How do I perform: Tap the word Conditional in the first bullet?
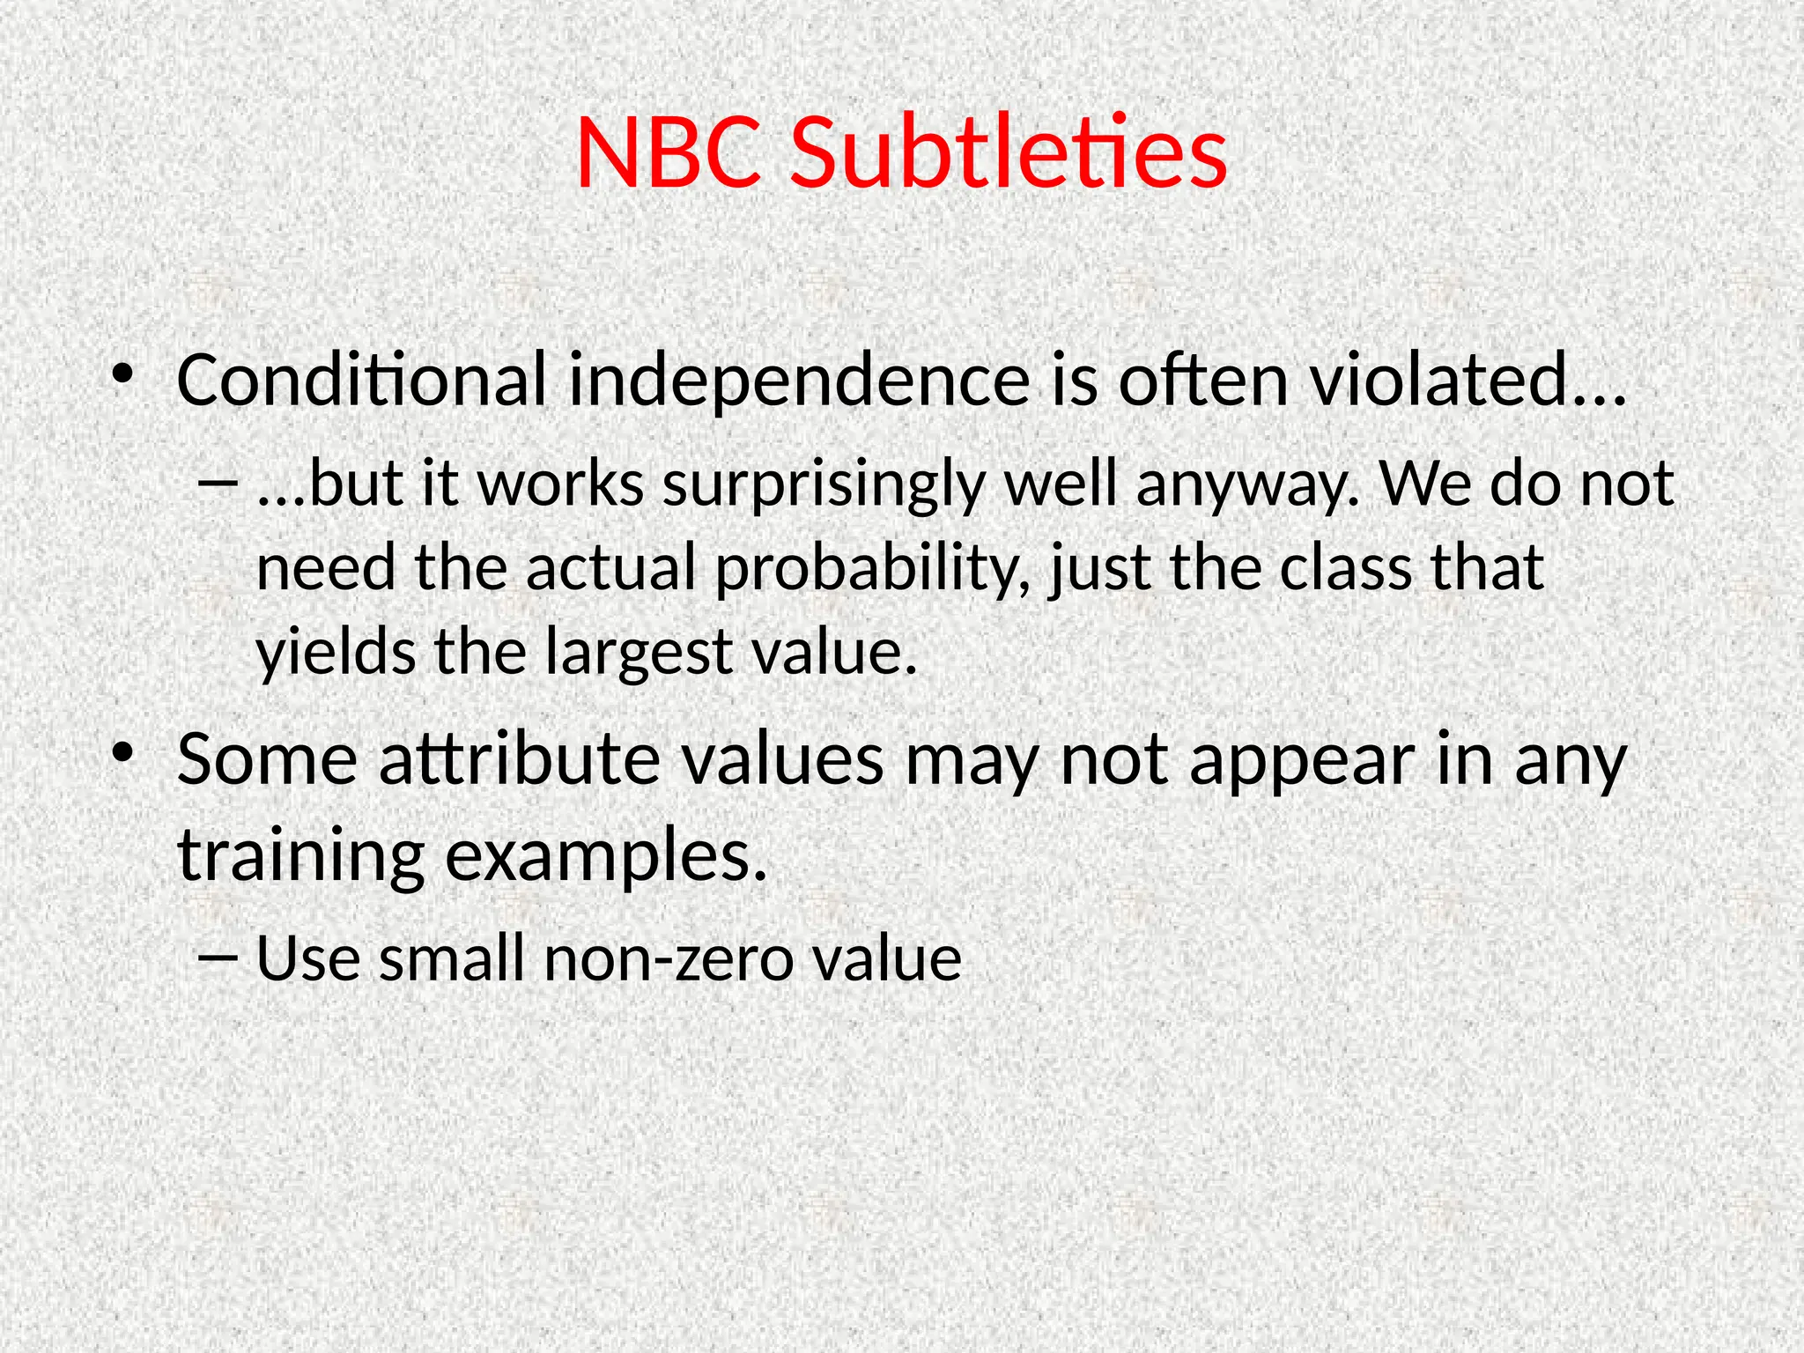point(362,380)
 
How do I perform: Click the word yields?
point(336,653)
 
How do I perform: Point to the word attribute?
point(520,759)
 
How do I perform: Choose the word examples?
point(606,856)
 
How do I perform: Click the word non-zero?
point(669,958)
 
